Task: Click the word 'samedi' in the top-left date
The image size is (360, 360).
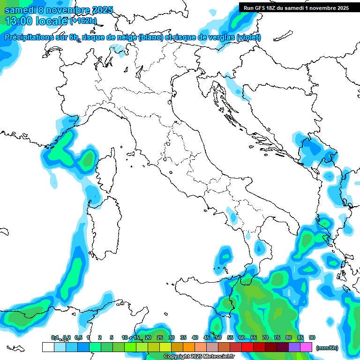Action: (x=20, y=10)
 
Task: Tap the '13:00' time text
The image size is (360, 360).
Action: (x=20, y=21)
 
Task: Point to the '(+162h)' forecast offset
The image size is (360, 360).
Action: (x=83, y=21)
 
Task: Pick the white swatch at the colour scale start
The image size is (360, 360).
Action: (x=48, y=347)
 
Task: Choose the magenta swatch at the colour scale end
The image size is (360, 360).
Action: (x=306, y=347)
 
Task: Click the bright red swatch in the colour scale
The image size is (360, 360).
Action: (x=247, y=347)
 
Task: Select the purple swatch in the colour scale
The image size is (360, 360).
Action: (x=294, y=347)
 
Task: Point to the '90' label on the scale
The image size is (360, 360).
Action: (x=312, y=337)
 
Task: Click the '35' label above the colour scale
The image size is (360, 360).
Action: (x=183, y=337)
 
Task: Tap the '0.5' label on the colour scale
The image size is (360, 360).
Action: (x=78, y=337)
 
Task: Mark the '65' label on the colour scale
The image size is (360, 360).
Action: (x=254, y=337)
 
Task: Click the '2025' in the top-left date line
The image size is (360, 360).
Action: (x=102, y=10)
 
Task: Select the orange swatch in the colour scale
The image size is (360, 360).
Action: (x=189, y=347)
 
